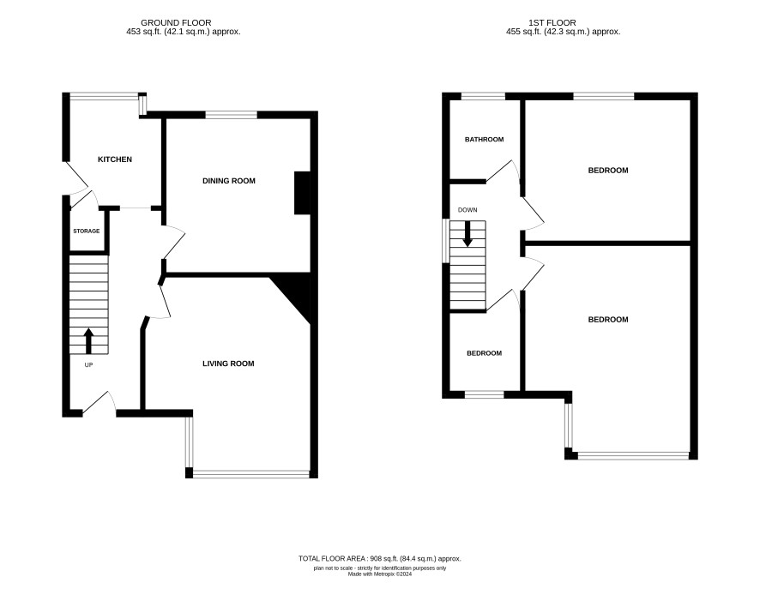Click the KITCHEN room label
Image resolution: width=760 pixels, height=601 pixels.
coord(115,159)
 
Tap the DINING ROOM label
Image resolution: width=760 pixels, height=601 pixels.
coord(229,181)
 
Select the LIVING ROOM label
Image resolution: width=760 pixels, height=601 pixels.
coord(228,364)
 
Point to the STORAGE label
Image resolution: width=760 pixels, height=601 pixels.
coord(87,231)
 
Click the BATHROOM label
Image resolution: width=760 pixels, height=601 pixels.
coord(484,140)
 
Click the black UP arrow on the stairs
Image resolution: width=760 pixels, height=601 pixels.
coord(88,341)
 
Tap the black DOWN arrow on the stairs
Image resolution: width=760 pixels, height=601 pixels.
coord(467,234)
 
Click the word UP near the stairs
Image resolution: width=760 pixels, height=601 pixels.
coord(88,365)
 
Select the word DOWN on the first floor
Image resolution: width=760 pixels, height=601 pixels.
coord(467,210)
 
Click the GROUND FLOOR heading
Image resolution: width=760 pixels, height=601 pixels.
coord(176,23)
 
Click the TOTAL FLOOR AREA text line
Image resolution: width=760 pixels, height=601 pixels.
coord(380,558)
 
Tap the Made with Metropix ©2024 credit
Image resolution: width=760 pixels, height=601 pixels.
coord(380,574)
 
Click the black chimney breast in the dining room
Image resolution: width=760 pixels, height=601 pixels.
coord(302,193)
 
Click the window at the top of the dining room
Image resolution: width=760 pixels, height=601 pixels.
coord(232,115)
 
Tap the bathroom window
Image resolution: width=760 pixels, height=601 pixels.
coord(483,96)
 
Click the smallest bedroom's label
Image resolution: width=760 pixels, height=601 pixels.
coord(484,353)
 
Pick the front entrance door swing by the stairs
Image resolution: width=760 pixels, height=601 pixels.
coord(100,404)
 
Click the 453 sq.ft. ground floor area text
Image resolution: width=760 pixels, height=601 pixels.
coord(183,32)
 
